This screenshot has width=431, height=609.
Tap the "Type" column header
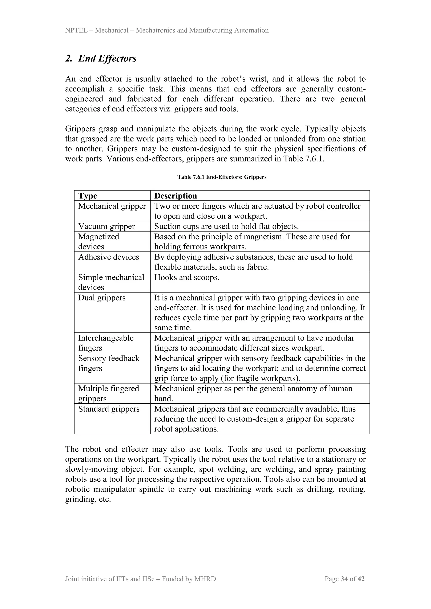tap(88, 196)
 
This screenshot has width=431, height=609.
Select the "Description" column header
tap(176, 196)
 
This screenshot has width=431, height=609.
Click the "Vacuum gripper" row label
tap(106, 226)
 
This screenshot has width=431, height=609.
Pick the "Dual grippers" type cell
tap(102, 298)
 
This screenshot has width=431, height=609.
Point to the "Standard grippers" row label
tap(109, 409)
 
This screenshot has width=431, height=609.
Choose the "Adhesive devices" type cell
tap(109, 257)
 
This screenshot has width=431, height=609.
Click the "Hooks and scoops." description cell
tap(187, 277)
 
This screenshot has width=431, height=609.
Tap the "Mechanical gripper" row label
tap(112, 206)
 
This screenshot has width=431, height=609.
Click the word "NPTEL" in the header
tap(76, 30)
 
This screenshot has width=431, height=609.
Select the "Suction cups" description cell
tap(226, 226)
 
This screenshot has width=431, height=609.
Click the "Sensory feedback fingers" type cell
tap(109, 363)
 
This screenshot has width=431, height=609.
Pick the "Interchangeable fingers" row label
tap(106, 343)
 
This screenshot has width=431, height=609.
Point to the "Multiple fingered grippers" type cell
tap(108, 393)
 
